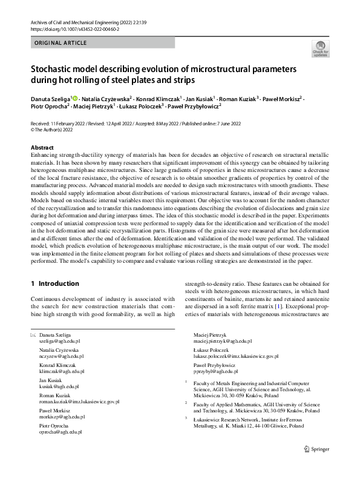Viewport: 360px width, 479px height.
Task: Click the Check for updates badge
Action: pyautogui.click(x=320, y=48)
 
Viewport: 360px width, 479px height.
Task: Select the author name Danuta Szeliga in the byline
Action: pyautogui.click(x=50, y=97)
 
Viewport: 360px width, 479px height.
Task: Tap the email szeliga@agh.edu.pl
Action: pyautogui.click(x=60, y=342)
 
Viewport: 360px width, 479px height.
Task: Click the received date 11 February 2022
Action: pyautogui.click(x=76, y=123)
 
